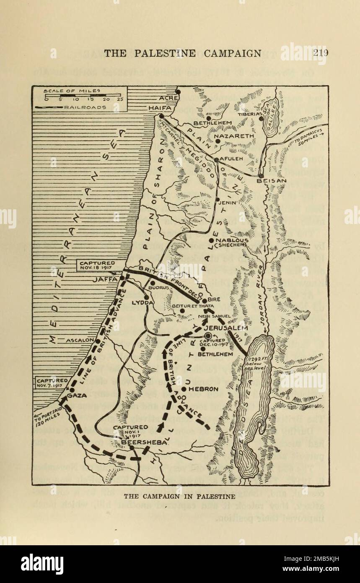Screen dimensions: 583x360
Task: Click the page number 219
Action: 320,53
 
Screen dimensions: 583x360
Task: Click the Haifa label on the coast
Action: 160,108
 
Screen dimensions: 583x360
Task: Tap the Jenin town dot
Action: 218,200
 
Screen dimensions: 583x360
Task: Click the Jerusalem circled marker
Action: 208,336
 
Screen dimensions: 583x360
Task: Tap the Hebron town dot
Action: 184,389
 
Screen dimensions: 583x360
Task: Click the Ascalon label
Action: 78,340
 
